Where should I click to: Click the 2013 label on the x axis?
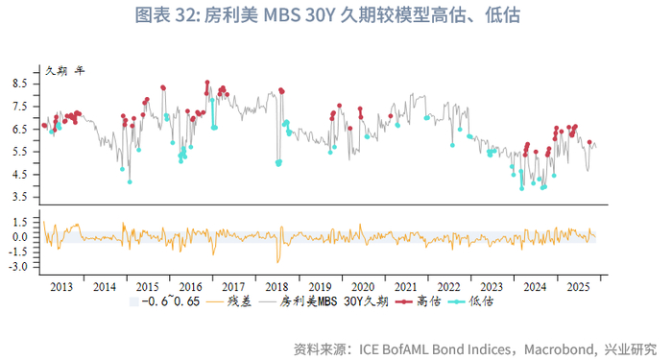pyautogui.click(x=60, y=287)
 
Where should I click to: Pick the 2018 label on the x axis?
pyautogui.click(x=276, y=287)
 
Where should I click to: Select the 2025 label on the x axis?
pyautogui.click(x=578, y=287)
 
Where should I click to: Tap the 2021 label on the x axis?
pyautogui.click(x=405, y=287)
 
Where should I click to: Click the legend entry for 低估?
pyautogui.click(x=482, y=301)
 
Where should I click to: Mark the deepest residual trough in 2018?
pyautogui.click(x=278, y=261)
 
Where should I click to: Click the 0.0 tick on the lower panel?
pyautogui.click(x=19, y=237)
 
